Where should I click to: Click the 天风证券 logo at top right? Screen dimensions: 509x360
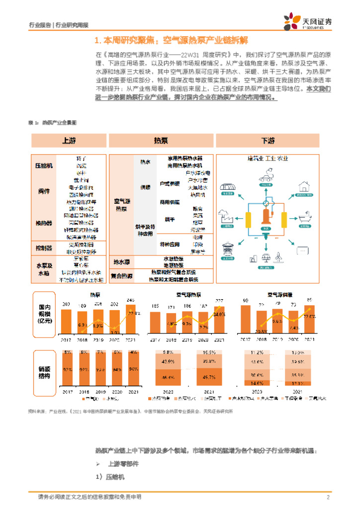point(308,21)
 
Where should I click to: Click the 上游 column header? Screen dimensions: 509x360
point(69,141)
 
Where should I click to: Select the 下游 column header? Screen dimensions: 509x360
point(269,141)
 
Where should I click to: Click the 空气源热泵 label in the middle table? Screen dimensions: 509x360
point(122,205)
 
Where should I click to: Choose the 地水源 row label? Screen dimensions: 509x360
point(122,261)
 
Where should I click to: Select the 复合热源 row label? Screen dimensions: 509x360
point(122,275)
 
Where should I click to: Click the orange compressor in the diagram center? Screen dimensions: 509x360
point(268,215)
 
